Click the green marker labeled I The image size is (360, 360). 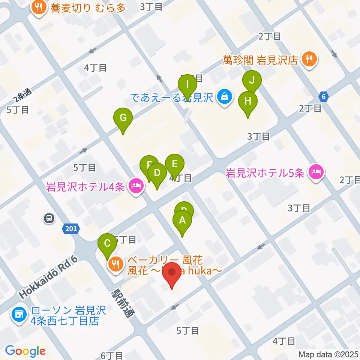(187, 85)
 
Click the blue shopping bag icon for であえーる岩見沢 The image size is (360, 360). (224, 97)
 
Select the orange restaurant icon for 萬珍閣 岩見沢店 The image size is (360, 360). (310, 60)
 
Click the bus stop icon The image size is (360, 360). (49, 218)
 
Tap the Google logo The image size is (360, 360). (25, 351)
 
